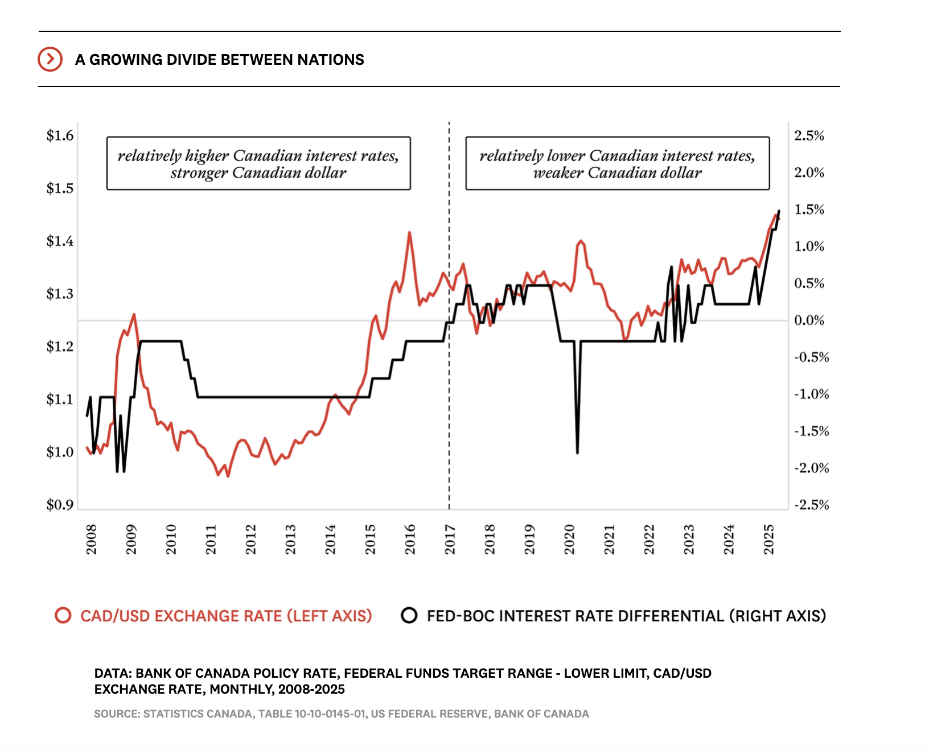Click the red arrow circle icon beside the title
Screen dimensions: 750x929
pyautogui.click(x=50, y=59)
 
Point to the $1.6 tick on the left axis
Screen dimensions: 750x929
pyautogui.click(x=60, y=135)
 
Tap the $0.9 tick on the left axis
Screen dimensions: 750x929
pyautogui.click(x=60, y=505)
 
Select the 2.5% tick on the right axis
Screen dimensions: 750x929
pyautogui.click(x=809, y=135)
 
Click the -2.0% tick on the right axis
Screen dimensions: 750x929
pyautogui.click(x=811, y=468)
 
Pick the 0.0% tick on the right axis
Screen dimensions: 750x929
pyautogui.click(x=809, y=320)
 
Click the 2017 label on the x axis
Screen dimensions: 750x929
pyautogui.click(x=450, y=539)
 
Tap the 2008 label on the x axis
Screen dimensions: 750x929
pyautogui.click(x=91, y=539)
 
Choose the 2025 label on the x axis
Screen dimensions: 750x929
pyautogui.click(x=768, y=539)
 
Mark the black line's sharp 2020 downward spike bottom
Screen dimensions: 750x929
pyautogui.click(x=577, y=452)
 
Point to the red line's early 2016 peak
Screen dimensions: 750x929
pyautogui.click(x=409, y=233)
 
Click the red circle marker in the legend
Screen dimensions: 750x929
pyautogui.click(x=63, y=616)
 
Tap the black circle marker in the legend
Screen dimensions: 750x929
pyautogui.click(x=409, y=616)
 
